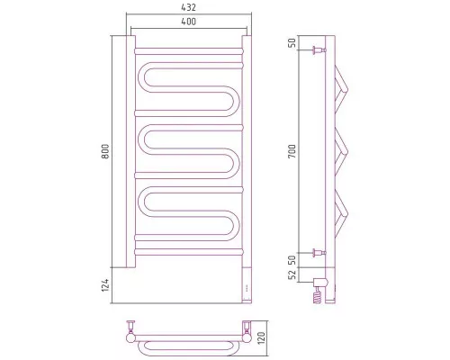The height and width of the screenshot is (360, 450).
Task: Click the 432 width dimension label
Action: click(x=189, y=7)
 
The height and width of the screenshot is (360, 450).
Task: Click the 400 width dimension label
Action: click(x=189, y=22)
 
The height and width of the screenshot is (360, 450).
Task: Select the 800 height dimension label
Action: click(x=105, y=151)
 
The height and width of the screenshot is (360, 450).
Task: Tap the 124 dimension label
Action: click(x=105, y=285)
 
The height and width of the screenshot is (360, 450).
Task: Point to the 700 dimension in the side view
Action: click(x=292, y=151)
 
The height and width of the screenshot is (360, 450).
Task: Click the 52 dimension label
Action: click(x=292, y=274)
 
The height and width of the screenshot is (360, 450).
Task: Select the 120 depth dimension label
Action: click(x=262, y=337)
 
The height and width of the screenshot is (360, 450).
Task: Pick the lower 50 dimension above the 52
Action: click(x=292, y=260)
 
